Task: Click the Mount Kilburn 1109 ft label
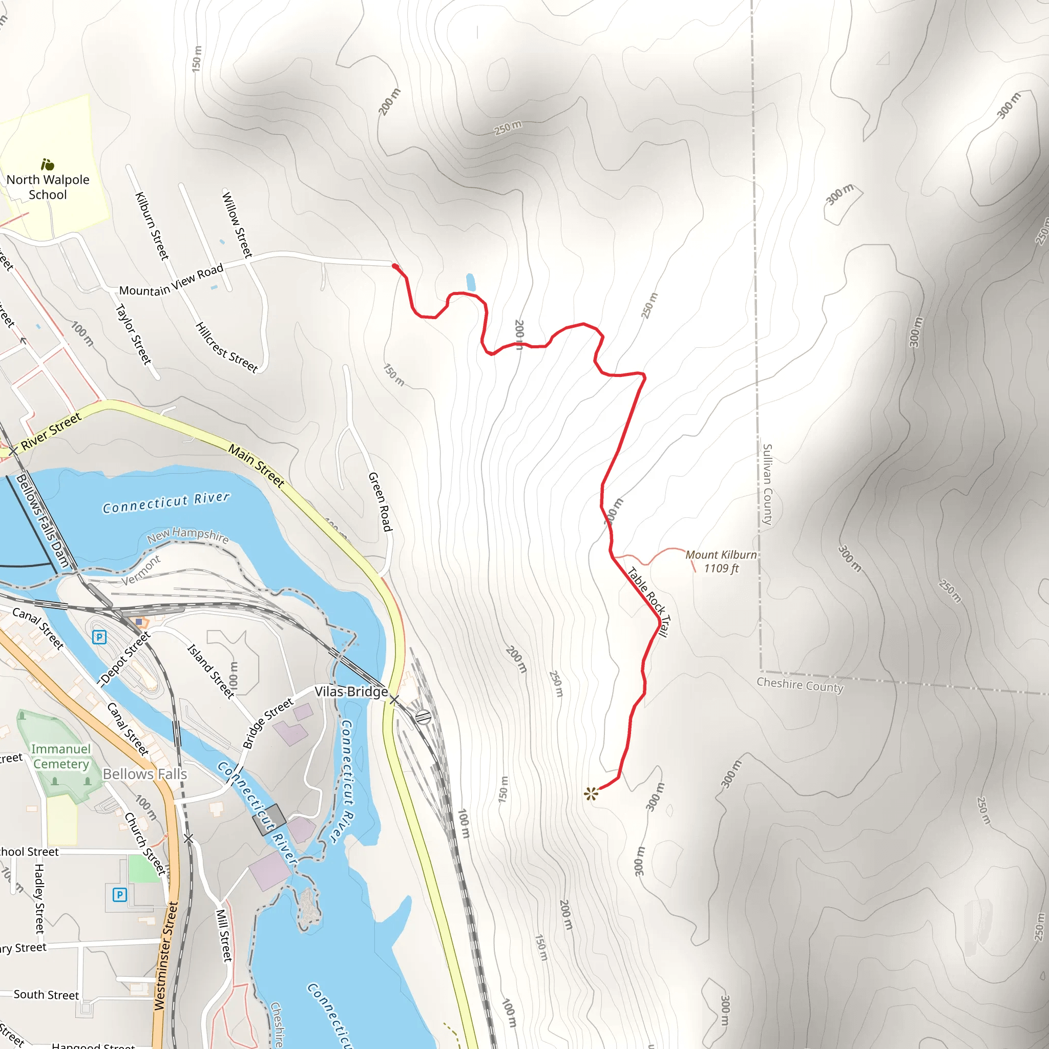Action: pos(721,561)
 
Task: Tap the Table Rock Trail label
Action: pos(649,601)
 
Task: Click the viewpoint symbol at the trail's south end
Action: pos(591,794)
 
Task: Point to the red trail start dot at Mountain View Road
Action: pos(395,266)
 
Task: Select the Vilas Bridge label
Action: pos(351,691)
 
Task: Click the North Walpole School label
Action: pos(48,187)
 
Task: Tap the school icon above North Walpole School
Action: pos(48,164)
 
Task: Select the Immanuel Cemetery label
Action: pos(61,757)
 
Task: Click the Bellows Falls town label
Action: pos(145,774)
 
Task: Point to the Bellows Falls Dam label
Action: pos(43,521)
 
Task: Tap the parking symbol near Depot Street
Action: pos(99,637)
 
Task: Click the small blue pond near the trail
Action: pos(471,282)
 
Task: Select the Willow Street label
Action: pos(237,224)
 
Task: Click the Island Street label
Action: pos(211,671)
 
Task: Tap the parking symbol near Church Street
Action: pos(119,894)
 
